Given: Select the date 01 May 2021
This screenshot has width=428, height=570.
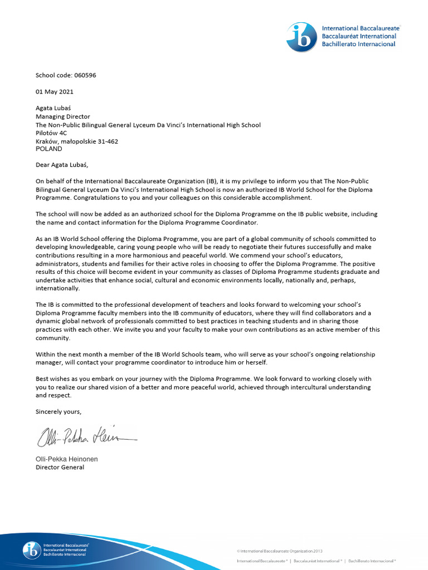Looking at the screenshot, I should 55,92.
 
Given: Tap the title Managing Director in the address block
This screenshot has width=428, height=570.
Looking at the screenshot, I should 63,117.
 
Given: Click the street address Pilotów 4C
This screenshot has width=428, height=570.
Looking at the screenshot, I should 51,133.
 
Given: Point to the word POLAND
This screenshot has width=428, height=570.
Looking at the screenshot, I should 49,149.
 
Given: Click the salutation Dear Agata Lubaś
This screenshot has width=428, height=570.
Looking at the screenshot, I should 62,165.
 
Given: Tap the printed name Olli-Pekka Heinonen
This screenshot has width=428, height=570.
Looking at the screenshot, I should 66,459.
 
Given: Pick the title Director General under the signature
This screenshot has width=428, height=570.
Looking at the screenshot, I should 60,468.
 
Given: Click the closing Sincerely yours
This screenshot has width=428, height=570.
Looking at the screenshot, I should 59,411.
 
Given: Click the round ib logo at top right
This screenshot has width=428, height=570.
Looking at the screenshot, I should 301,37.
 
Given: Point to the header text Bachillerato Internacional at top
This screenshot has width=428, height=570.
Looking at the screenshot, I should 358,44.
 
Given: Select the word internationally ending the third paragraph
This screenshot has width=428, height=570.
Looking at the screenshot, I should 57,288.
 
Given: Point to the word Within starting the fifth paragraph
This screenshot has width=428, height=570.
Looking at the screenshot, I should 46,355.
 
